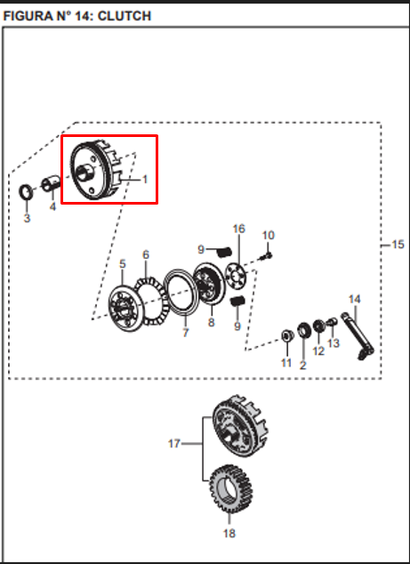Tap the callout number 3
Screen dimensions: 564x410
(x=27, y=218)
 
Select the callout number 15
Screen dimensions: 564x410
(x=398, y=243)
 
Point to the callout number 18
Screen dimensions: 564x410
(x=229, y=534)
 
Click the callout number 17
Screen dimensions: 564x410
(x=174, y=442)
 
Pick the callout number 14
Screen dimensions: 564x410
(x=354, y=298)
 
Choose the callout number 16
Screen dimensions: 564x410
(x=237, y=229)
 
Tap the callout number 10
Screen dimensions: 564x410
(x=269, y=235)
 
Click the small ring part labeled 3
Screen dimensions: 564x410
(x=27, y=192)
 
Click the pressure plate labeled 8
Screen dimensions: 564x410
(x=210, y=288)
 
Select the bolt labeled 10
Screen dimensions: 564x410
(x=268, y=255)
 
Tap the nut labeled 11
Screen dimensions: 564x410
(x=286, y=335)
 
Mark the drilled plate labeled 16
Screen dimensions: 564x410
(x=236, y=270)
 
